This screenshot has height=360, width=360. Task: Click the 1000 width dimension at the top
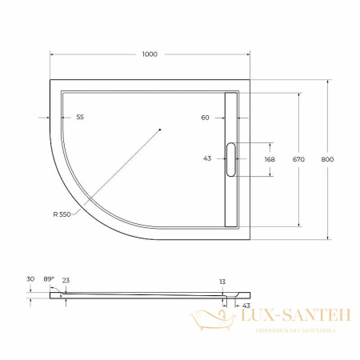pos(150,54)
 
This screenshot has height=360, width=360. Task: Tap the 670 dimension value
pos(298,159)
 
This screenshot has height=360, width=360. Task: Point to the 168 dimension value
pos(270,159)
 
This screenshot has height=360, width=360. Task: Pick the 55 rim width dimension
pos(80,118)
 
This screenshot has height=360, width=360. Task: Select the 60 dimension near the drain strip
pos(206,118)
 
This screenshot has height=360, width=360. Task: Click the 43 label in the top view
pos(207,159)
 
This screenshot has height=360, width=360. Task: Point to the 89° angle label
pos(49,278)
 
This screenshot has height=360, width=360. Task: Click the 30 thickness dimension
pos(30,278)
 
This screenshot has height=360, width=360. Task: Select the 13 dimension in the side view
pos(223,282)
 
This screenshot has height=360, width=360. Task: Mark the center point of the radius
pos(160,130)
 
